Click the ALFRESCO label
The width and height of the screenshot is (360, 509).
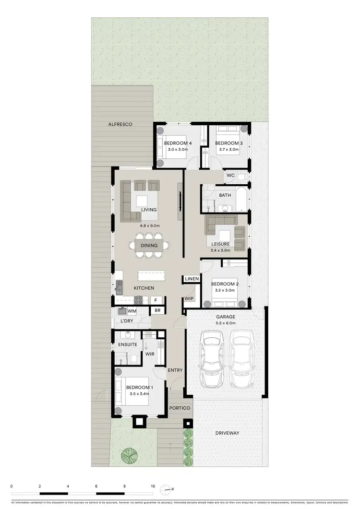(x=120, y=124)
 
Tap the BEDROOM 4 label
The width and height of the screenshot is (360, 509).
(x=178, y=143)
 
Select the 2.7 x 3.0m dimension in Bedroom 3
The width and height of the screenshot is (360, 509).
(x=227, y=150)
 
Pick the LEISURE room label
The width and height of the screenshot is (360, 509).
(x=220, y=244)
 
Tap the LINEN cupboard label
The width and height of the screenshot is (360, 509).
(x=192, y=279)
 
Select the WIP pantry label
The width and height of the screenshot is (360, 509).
(x=189, y=298)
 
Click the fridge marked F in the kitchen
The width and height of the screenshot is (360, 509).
(x=155, y=300)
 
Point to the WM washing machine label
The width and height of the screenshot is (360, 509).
(x=132, y=311)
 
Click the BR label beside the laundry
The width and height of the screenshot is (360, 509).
(x=157, y=311)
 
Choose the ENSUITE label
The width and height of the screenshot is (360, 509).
(x=128, y=345)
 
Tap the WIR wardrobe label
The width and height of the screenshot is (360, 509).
(x=149, y=355)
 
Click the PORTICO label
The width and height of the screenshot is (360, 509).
(x=180, y=408)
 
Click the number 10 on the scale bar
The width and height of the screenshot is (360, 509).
(x=153, y=486)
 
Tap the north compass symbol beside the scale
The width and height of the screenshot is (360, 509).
(x=166, y=489)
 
